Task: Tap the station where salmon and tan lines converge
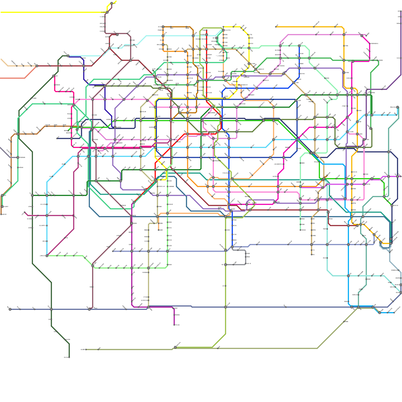[37, 66]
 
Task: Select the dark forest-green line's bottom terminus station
[69, 357]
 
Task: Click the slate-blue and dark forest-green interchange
[51, 309]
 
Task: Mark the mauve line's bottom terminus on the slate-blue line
[89, 309]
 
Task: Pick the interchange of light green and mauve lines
[93, 266]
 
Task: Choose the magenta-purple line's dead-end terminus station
[174, 325]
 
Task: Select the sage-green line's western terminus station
[86, 349]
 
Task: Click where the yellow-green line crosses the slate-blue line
[225, 307]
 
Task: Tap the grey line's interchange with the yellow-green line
[225, 265]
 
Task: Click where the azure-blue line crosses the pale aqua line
[348, 276]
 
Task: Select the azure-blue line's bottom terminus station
[394, 313]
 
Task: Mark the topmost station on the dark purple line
[401, 11]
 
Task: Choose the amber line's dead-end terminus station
[276, 27]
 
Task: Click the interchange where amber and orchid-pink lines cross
[344, 35]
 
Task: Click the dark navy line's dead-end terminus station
[58, 138]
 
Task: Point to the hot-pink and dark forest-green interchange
[54, 76]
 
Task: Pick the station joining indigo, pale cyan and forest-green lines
[68, 56]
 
